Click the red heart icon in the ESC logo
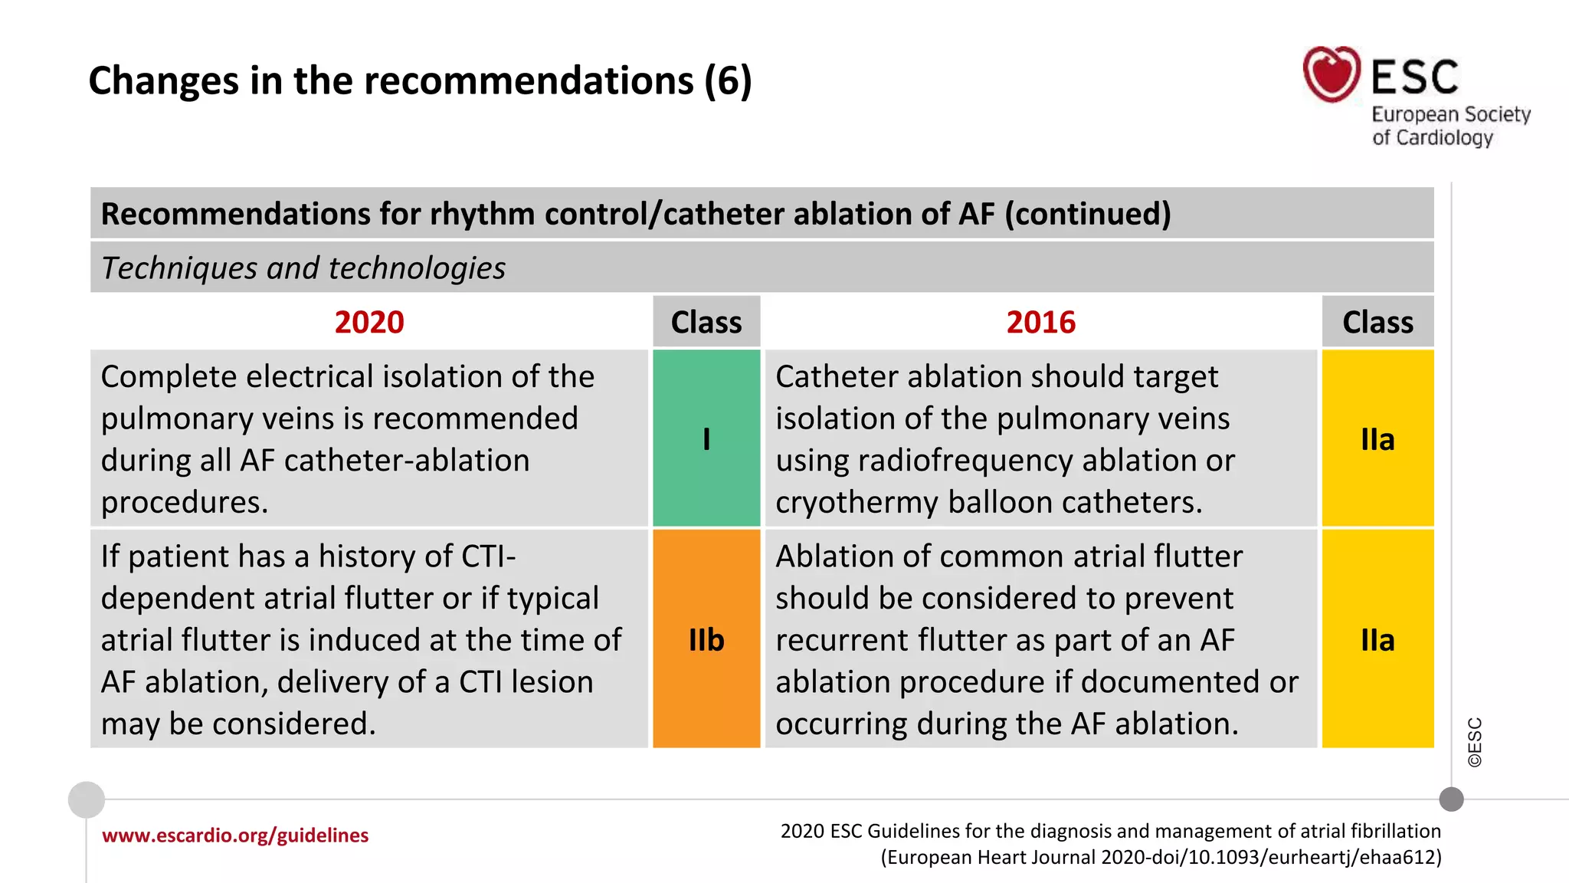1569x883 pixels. [1332, 74]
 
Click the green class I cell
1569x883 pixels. [706, 438]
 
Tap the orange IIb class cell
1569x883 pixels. [706, 639]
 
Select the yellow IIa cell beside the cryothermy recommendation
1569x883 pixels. [1377, 438]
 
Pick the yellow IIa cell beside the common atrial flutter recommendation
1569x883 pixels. [1377, 639]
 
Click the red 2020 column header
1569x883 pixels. [369, 322]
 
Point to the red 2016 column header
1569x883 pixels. [1040, 322]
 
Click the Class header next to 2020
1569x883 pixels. [706, 322]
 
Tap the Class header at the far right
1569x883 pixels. [1377, 322]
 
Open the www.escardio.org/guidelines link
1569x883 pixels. [235, 835]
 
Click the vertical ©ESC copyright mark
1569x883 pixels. [1475, 742]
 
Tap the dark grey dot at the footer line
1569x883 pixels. [1451, 799]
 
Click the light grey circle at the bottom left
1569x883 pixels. [87, 799]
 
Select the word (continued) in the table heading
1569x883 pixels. [1088, 214]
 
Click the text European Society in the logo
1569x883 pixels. [1450, 114]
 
